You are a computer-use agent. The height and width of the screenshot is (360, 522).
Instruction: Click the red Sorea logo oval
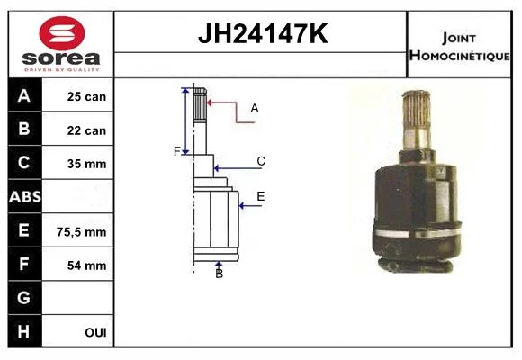coord(62,33)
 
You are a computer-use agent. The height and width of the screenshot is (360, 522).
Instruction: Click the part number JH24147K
coord(263,33)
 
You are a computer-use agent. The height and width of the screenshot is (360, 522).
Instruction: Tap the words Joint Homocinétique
coord(459,47)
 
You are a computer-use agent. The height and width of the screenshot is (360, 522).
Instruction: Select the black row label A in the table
coord(24,96)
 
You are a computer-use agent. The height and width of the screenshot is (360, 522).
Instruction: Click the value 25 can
coord(86,96)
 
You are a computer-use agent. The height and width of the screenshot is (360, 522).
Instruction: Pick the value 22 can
coord(86,130)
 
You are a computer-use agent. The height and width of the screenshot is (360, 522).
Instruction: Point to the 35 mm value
coord(86,164)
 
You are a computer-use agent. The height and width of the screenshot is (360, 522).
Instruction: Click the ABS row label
coord(25,197)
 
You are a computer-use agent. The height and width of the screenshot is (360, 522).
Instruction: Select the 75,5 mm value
coord(82,232)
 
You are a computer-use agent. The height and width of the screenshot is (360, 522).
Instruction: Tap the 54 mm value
coord(86,265)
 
